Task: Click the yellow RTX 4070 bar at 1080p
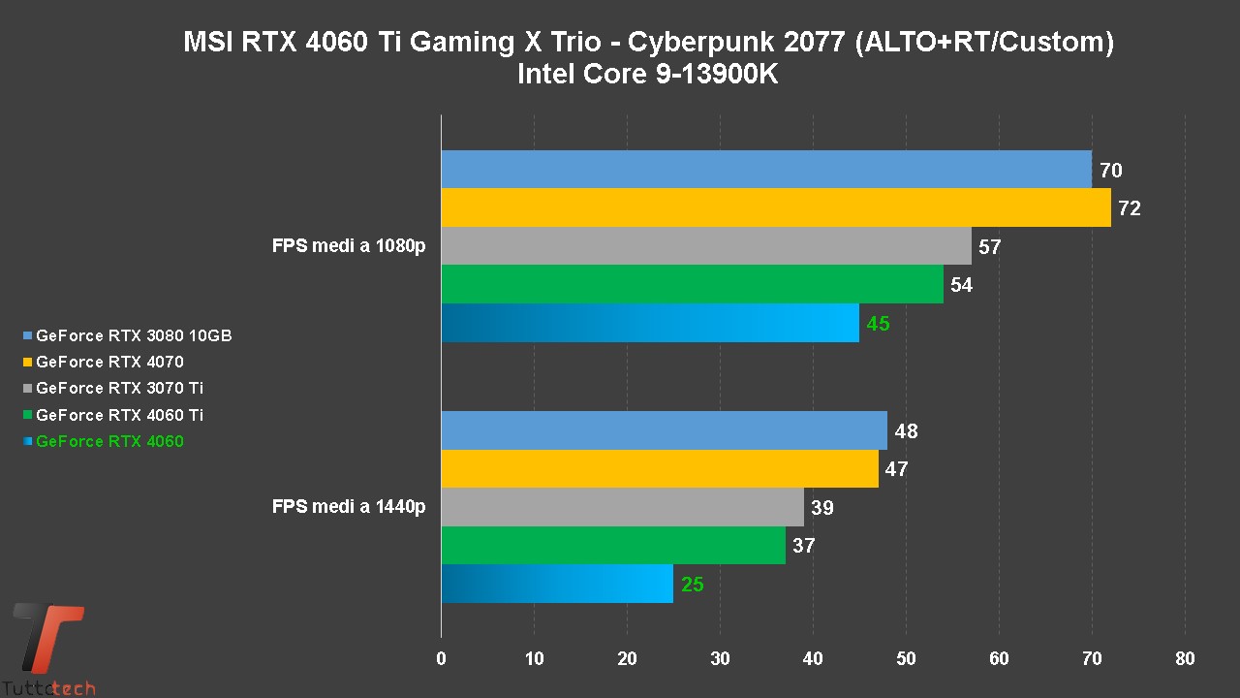[x=775, y=207]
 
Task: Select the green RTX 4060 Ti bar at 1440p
[x=612, y=545]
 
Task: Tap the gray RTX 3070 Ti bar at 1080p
[x=705, y=246]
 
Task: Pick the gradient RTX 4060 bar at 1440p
[x=556, y=584]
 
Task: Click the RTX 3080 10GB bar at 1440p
[x=664, y=430]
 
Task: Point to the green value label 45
[x=878, y=324]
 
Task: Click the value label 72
[x=1129, y=208]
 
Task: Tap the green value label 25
[x=692, y=585]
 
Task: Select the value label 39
[x=821, y=508]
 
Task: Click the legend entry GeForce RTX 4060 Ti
[x=119, y=415]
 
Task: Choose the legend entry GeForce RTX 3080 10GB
[x=134, y=336]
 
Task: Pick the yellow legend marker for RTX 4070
[x=28, y=363]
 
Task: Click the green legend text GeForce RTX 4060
[x=109, y=442]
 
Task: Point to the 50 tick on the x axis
[x=906, y=659]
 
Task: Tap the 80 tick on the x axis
[x=1184, y=659]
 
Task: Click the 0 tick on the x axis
[x=442, y=659]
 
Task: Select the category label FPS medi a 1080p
[x=349, y=246]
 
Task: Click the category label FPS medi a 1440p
[x=349, y=506]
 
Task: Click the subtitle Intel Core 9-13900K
[x=647, y=74]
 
